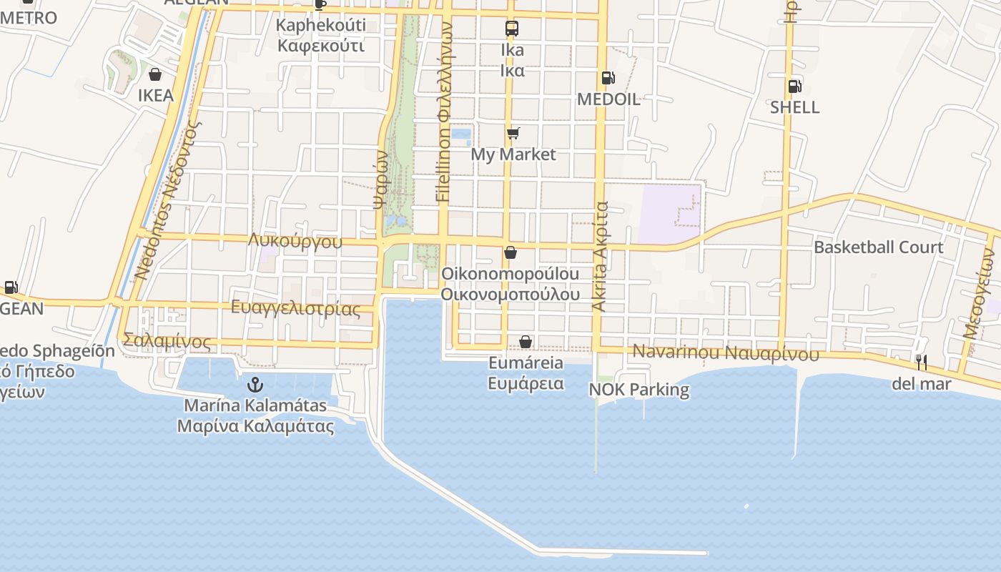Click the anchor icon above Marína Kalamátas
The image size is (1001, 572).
coord(255,385)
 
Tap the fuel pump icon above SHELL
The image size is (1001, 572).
coord(794,87)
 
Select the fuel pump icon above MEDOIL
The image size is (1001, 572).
coord(608,78)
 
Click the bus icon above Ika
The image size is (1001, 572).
coord(512,29)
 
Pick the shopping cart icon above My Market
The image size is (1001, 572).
coord(513,133)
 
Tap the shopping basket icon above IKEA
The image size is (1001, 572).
coord(155,74)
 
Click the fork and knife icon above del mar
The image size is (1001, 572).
coord(922,363)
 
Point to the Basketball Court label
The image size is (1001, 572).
coord(879,247)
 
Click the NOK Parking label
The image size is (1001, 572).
coord(639,390)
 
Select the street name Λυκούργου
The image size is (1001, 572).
coord(295,241)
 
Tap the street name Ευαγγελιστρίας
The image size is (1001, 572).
coord(296,309)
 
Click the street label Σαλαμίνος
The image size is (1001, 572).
coord(167,341)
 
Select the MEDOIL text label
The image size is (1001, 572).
coord(608,99)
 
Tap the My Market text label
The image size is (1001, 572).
coord(513,154)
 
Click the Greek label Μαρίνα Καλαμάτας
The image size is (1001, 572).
coord(255,427)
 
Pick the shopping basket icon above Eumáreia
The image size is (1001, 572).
coord(526,342)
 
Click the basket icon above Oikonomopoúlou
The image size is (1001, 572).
coord(511,252)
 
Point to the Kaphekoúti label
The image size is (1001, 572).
coord(321,25)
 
